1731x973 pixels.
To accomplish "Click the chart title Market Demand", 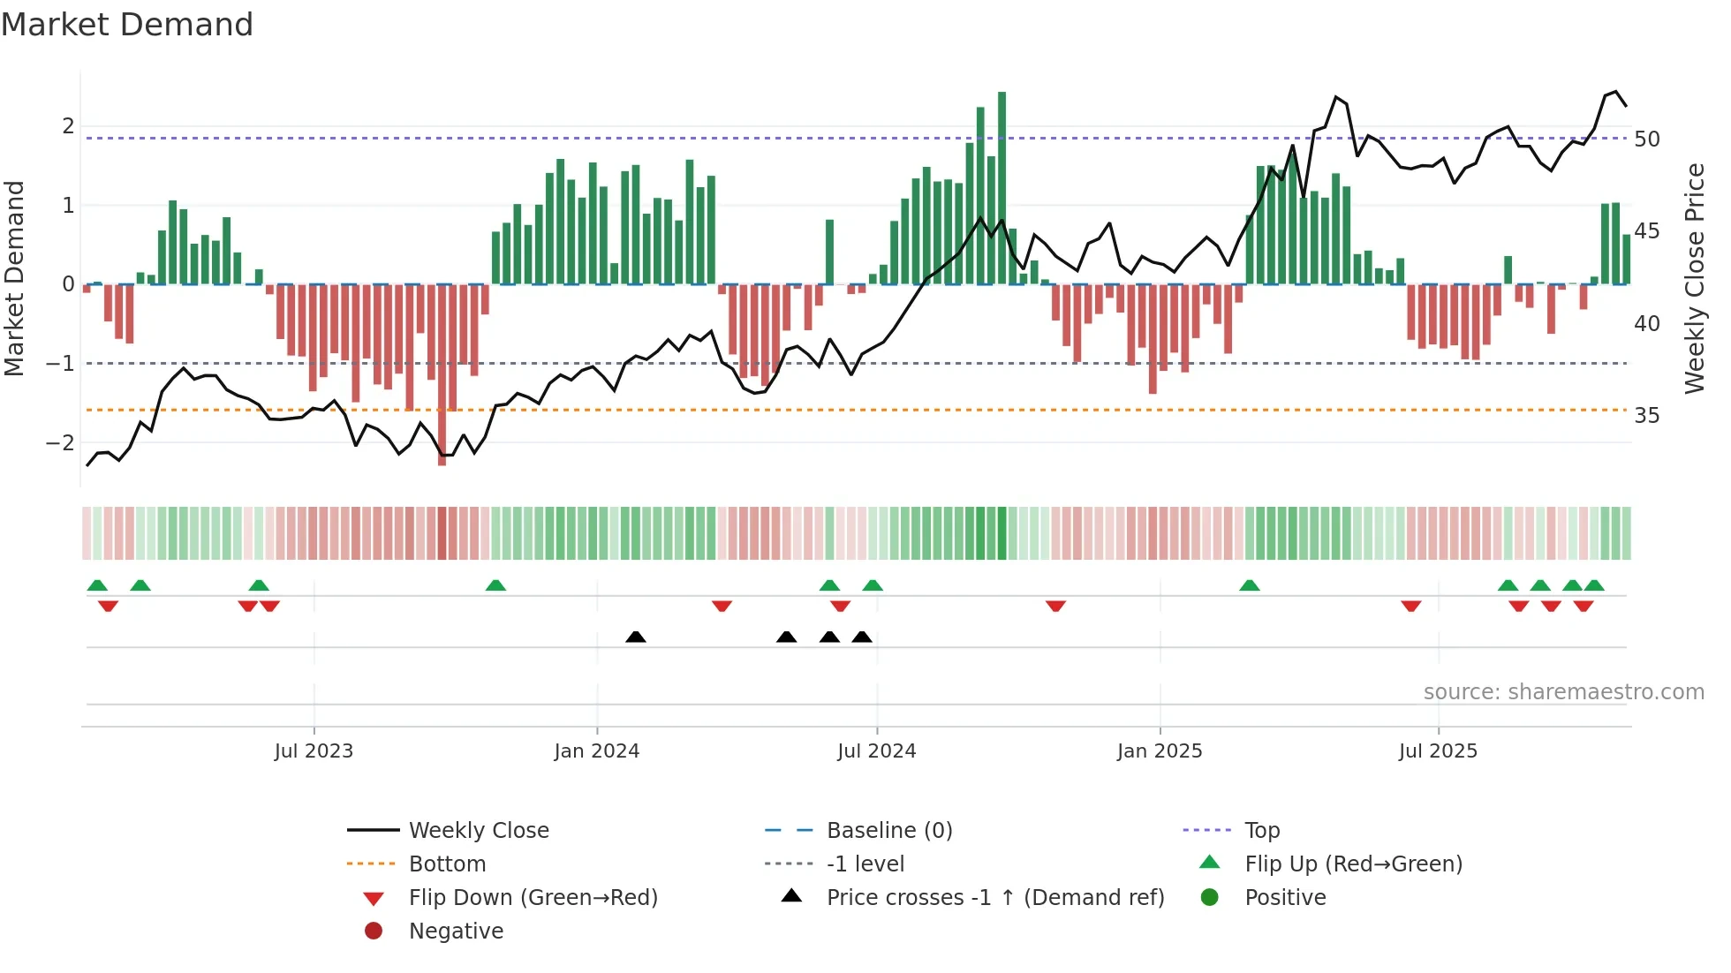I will [127, 25].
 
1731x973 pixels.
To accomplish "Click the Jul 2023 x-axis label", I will [314, 751].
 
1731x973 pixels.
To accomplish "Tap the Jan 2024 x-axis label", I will [597, 751].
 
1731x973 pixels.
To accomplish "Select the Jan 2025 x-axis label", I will [1160, 751].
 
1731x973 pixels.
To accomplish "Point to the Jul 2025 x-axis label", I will [1438, 751].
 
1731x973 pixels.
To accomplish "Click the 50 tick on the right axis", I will [1646, 140].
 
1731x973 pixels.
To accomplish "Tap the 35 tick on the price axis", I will [1646, 416].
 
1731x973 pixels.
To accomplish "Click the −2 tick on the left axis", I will [61, 443].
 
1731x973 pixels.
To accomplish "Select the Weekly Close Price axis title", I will [1694, 278].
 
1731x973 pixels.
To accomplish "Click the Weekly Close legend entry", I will [478, 831].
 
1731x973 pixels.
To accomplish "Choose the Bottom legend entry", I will [447, 864].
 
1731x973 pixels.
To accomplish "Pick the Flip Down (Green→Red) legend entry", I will [533, 898].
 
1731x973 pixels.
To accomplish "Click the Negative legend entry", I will [456, 932].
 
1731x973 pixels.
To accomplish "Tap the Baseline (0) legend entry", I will [888, 831].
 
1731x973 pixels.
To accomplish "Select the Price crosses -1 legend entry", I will [994, 898].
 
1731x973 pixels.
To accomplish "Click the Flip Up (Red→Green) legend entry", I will [1353, 864].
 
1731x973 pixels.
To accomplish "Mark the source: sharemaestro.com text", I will [1563, 692].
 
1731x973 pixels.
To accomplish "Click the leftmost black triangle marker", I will [636, 637].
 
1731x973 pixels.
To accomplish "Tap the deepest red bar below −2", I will [442, 375].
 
